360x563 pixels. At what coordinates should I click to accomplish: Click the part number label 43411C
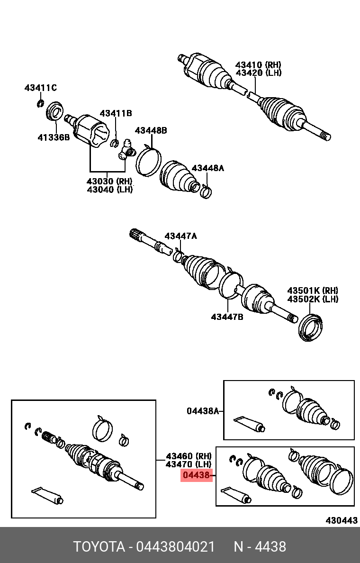(x=40, y=88)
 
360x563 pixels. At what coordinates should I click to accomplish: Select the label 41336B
(x=54, y=137)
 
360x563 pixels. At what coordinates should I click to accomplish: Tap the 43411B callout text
(x=116, y=113)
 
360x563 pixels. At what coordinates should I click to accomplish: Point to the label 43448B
(x=151, y=130)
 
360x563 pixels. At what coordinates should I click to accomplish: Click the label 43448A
(x=207, y=168)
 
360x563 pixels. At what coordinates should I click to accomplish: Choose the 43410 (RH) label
(x=258, y=64)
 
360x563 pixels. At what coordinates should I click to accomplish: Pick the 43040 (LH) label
(x=109, y=189)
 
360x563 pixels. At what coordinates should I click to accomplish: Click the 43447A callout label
(x=180, y=236)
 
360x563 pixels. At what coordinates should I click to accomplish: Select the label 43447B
(x=227, y=316)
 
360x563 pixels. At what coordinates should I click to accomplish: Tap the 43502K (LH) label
(x=313, y=299)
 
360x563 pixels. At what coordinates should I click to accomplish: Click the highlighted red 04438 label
(x=196, y=475)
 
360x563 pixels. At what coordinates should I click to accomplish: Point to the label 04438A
(x=202, y=411)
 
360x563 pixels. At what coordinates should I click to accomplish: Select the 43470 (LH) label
(x=188, y=465)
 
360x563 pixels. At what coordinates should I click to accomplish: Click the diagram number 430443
(x=341, y=520)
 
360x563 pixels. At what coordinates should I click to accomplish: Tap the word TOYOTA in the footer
(x=98, y=547)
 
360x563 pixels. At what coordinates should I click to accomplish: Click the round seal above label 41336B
(x=55, y=113)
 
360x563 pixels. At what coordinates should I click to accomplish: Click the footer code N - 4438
(x=260, y=547)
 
